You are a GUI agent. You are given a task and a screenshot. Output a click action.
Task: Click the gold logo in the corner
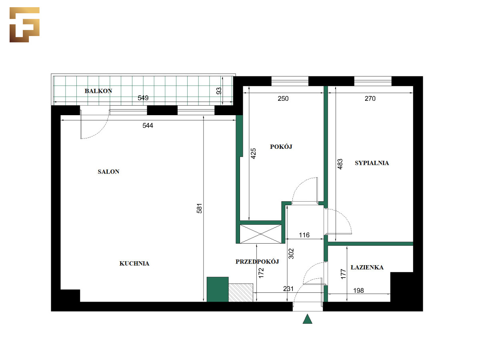24,24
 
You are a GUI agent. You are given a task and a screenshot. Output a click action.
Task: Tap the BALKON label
98,91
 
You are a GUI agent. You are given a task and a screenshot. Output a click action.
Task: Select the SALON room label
108,172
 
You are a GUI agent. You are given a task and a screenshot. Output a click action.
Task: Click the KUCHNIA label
134,263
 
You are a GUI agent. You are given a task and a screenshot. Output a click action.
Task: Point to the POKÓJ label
281,146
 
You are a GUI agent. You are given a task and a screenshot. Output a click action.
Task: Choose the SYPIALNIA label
372,163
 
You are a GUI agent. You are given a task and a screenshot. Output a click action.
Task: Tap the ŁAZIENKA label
367,267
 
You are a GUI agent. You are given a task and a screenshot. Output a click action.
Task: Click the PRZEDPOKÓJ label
257,262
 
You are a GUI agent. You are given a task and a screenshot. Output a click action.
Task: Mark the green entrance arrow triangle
307,319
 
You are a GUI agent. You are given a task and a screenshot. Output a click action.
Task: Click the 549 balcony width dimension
143,98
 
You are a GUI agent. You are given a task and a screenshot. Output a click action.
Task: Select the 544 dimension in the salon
148,125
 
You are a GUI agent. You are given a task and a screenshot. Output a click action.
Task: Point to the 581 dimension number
199,208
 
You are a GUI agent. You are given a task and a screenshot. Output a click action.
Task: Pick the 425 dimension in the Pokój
253,154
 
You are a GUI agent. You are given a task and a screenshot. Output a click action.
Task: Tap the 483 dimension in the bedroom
340,164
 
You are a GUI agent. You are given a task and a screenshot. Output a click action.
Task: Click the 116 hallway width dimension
304,235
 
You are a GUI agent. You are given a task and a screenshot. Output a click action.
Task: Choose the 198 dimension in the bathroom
358,290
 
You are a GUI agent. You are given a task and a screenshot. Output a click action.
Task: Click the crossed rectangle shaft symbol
261,234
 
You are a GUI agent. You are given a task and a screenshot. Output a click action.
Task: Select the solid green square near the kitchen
218,289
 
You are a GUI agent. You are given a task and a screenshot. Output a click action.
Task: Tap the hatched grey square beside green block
241,293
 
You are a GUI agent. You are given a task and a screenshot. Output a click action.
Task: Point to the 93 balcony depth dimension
219,91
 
